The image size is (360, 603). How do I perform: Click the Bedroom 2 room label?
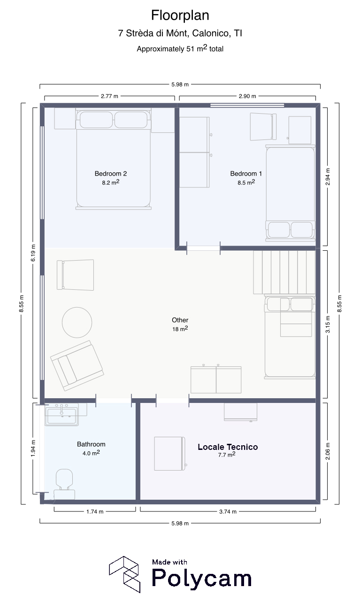111,174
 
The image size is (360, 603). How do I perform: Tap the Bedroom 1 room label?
246,174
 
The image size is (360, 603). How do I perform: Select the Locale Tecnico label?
228,447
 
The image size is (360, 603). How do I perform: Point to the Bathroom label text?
91,444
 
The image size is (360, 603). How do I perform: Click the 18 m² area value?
180,329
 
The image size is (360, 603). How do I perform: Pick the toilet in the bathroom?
64,485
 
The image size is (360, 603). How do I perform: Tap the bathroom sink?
61,415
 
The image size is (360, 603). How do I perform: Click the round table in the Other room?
77,323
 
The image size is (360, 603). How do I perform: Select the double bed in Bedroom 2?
113,159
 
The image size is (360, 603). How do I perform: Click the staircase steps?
284,272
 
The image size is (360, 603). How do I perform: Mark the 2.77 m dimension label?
109,96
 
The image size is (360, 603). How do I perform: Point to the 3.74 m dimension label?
228,512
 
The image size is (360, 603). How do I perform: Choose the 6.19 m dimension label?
33,253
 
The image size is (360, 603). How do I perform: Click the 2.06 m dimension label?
328,451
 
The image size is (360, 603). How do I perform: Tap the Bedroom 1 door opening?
203,248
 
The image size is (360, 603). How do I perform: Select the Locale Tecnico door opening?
172,401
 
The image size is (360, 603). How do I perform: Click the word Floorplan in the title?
180,15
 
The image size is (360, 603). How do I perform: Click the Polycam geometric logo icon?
125,574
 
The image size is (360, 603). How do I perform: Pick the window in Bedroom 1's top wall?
247,105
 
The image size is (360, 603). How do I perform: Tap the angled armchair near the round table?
77,365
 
